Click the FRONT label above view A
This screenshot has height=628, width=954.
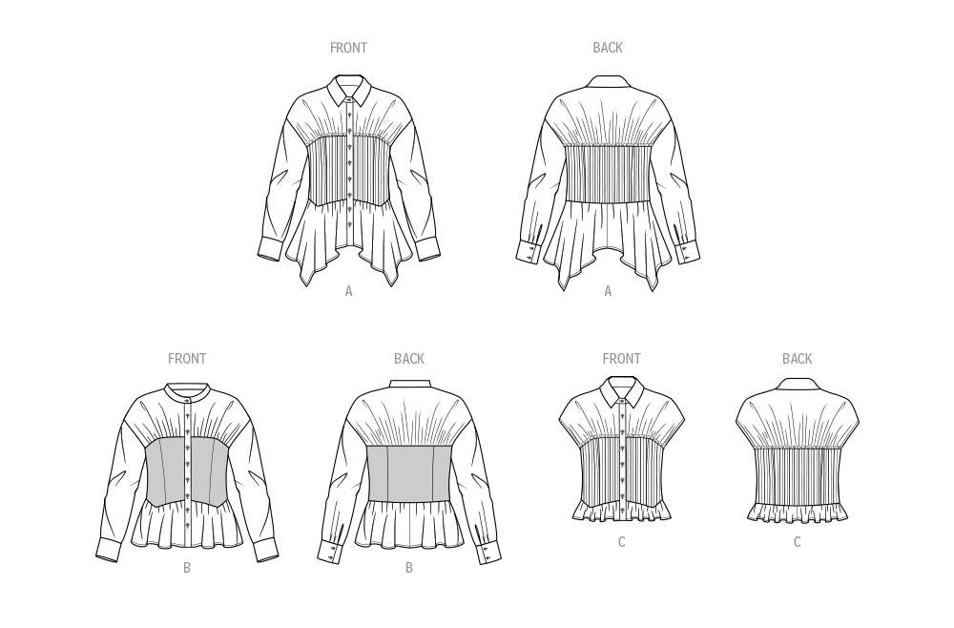tap(348, 48)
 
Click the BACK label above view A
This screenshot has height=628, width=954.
tap(608, 48)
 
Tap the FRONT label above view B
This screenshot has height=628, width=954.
tap(187, 359)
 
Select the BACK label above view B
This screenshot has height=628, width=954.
tap(409, 359)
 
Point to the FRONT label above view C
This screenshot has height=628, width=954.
tap(621, 359)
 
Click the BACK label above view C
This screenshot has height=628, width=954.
tap(797, 359)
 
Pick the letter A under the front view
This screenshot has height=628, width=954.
tap(348, 291)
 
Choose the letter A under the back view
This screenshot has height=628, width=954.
tap(608, 291)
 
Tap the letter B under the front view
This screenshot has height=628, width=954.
tap(187, 568)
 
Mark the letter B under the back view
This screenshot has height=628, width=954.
tap(409, 568)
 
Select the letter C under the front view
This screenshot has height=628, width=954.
tap(621, 542)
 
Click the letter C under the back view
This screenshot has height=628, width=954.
tap(797, 542)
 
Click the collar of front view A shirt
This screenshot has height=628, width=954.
tap(350, 90)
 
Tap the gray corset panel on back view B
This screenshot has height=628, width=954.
tap(410, 472)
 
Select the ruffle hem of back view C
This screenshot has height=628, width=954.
tap(797, 513)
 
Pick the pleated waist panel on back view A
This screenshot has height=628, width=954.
tap(608, 173)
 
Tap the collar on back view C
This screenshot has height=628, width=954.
tap(797, 384)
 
